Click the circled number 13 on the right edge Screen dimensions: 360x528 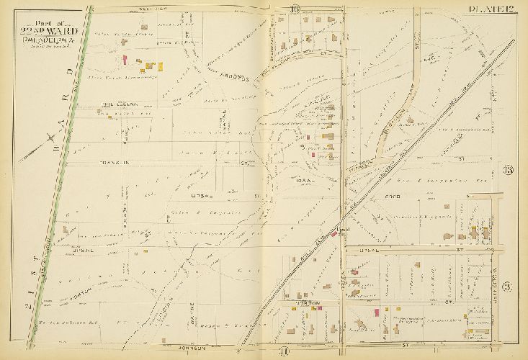click(x=507, y=170)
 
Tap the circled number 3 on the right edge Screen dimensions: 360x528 click(x=507, y=288)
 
